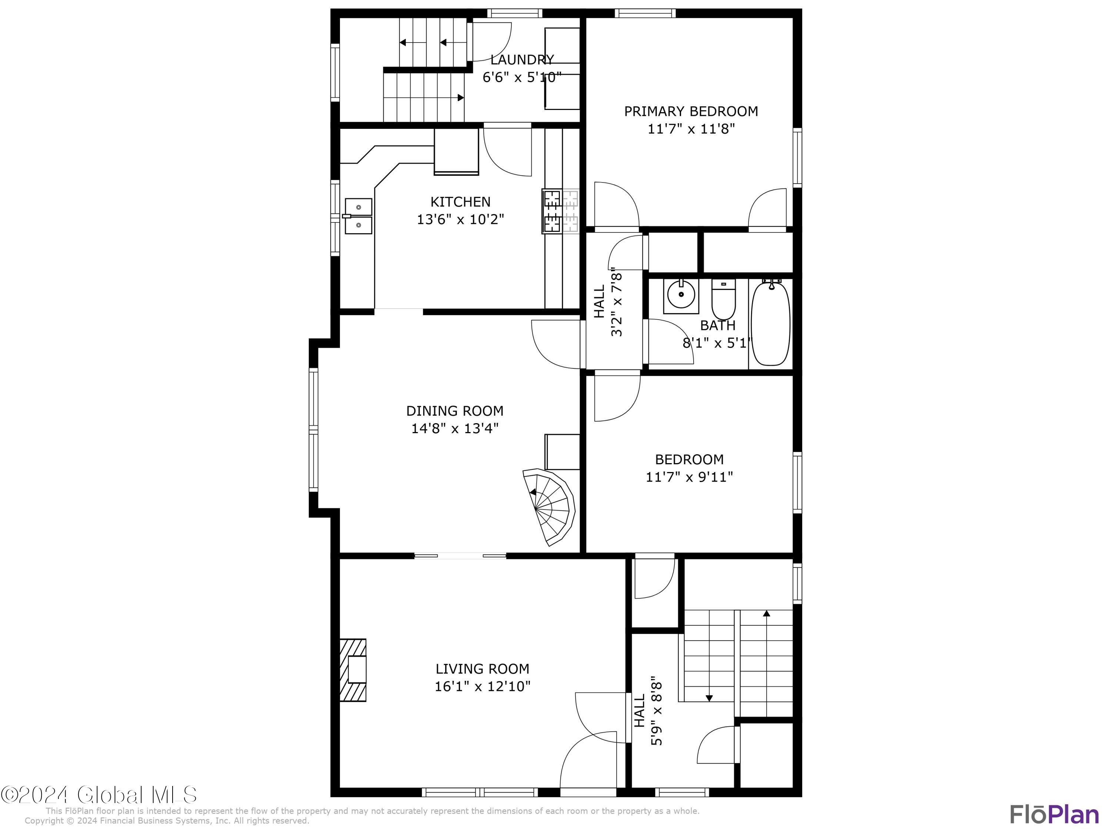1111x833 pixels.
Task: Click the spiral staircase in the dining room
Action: tap(549, 506)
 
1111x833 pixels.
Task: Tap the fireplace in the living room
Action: tap(353, 670)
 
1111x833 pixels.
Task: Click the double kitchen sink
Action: tap(358, 216)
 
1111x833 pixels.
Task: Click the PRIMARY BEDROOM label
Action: tap(691, 111)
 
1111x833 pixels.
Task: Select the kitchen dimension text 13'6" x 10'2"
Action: tap(460, 220)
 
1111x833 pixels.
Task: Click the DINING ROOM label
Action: tap(454, 411)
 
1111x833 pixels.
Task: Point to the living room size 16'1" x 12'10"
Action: tap(482, 686)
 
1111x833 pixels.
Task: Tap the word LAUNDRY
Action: tap(522, 60)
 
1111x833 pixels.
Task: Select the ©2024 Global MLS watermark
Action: tap(99, 795)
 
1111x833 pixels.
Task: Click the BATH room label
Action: tap(717, 325)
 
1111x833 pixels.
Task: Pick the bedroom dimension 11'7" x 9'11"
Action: tap(689, 476)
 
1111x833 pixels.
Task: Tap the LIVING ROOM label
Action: tap(482, 669)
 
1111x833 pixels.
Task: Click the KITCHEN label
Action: tap(460, 202)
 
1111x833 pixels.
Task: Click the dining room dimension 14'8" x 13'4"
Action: tap(454, 428)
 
